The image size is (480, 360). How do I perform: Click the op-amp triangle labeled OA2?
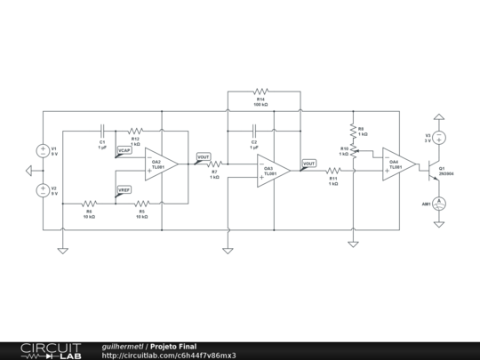pos(161,163)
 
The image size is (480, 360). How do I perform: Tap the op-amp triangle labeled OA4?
pos(398,164)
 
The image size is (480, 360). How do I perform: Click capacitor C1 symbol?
pos(102,130)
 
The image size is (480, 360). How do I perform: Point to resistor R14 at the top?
pos(260,91)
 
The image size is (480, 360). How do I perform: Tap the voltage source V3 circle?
pos(438,138)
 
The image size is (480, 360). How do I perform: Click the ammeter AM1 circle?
pos(438,204)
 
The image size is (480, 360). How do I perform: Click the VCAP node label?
pos(124,151)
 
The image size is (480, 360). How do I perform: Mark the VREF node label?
pos(124,188)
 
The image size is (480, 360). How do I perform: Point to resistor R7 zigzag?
pos(214,164)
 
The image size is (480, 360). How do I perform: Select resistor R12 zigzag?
pos(136,130)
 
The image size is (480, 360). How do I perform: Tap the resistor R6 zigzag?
pos(89,204)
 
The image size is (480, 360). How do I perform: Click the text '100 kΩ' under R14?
pos(260,105)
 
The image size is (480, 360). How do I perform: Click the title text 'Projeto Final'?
pos(173,346)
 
